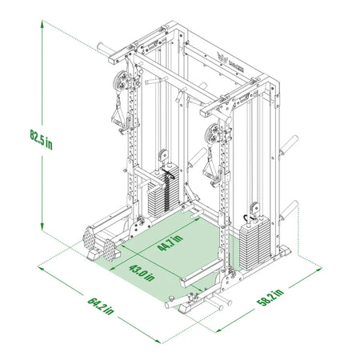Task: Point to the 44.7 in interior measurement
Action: (x=170, y=240)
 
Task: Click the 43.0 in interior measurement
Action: (x=142, y=272)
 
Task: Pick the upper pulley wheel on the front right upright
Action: (x=214, y=132)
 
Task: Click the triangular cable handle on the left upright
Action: (x=121, y=117)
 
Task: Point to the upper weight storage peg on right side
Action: (x=286, y=145)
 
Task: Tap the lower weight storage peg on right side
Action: (x=288, y=210)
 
